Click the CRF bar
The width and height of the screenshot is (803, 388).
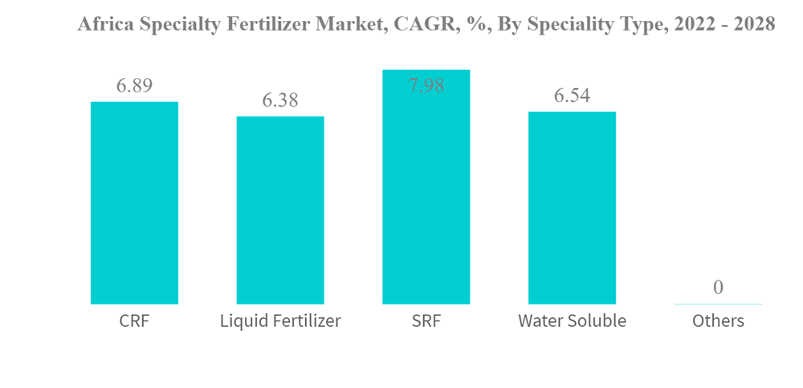pyautogui.click(x=134, y=202)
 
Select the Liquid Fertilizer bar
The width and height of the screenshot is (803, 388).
pyautogui.click(x=280, y=210)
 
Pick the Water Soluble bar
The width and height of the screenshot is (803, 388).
pyautogui.click(x=572, y=207)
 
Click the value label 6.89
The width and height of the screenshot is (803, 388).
pyautogui.click(x=134, y=86)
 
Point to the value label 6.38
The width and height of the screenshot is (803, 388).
pyautogui.click(x=280, y=100)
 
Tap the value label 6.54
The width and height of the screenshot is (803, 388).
pyautogui.click(x=572, y=96)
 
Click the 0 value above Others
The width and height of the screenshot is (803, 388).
pyautogui.click(x=718, y=288)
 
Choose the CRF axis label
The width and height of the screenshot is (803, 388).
pyautogui.click(x=134, y=321)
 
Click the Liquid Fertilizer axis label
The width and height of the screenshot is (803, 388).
pyautogui.click(x=280, y=321)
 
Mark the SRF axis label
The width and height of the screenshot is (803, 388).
pyautogui.click(x=426, y=321)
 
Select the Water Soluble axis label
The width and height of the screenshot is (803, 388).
pyautogui.click(x=572, y=321)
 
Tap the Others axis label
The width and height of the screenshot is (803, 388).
pyautogui.click(x=718, y=321)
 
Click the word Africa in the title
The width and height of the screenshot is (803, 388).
pyautogui.click(x=102, y=25)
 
